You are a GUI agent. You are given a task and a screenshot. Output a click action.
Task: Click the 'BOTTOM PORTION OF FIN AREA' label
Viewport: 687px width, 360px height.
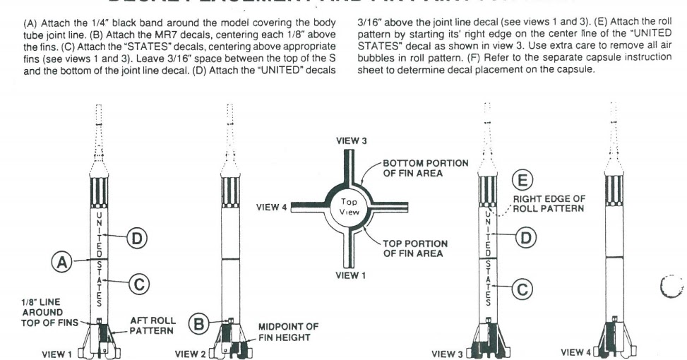pos(426,169)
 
